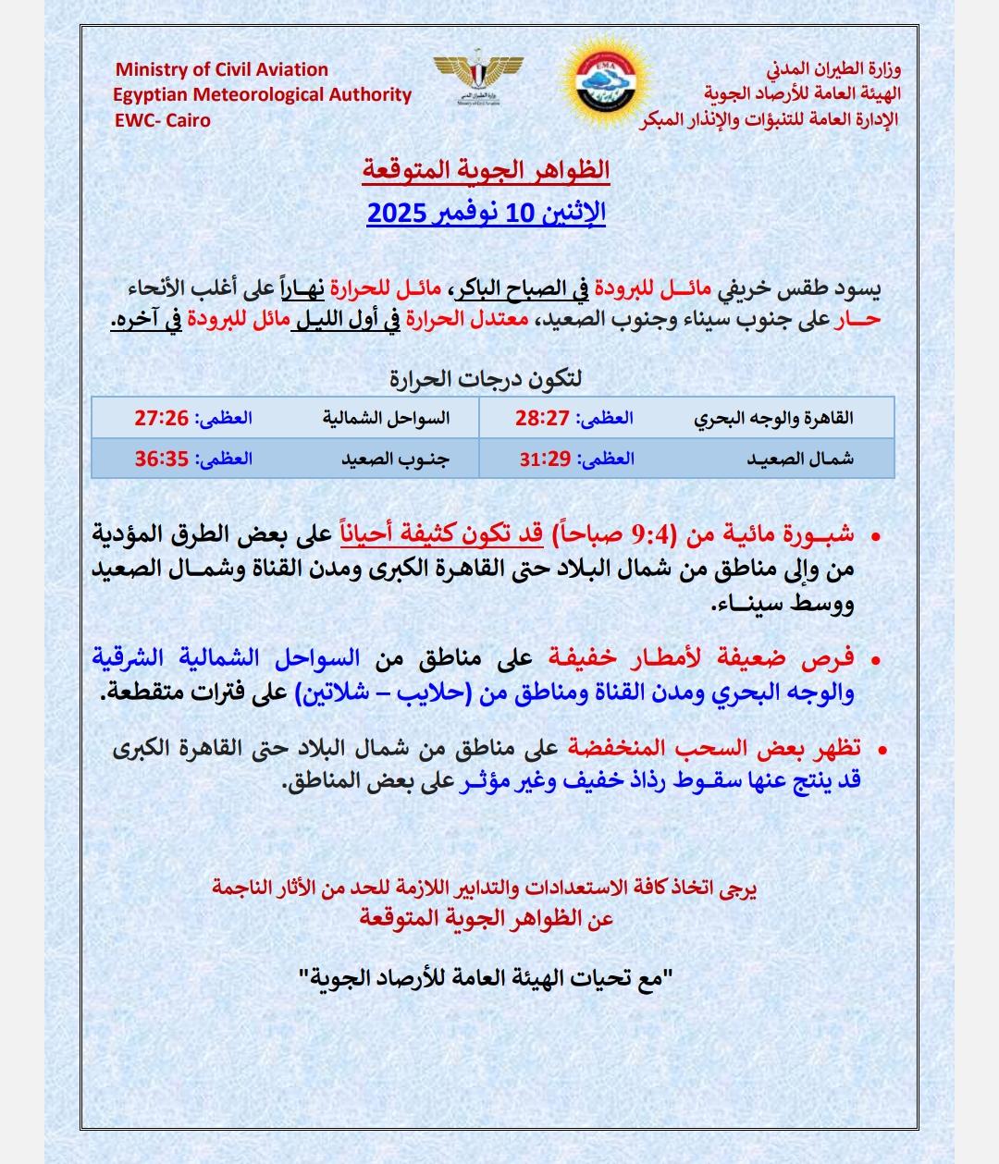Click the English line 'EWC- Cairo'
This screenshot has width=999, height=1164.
[x=163, y=120]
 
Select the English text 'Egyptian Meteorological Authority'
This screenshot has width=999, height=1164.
[x=263, y=94]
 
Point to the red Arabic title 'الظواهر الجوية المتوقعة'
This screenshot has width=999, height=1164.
[x=486, y=171]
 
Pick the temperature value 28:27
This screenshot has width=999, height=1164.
[x=541, y=418]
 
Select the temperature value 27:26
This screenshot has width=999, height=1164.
[x=161, y=418]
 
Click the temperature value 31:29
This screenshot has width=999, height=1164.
[x=544, y=458]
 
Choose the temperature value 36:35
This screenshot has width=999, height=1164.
[x=161, y=458]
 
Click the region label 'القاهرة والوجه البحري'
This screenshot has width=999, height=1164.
[x=773, y=418]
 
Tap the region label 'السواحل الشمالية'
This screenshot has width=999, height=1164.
[x=386, y=418]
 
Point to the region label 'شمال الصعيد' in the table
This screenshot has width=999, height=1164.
[x=801, y=458]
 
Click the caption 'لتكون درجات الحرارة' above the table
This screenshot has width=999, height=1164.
[x=486, y=378]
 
